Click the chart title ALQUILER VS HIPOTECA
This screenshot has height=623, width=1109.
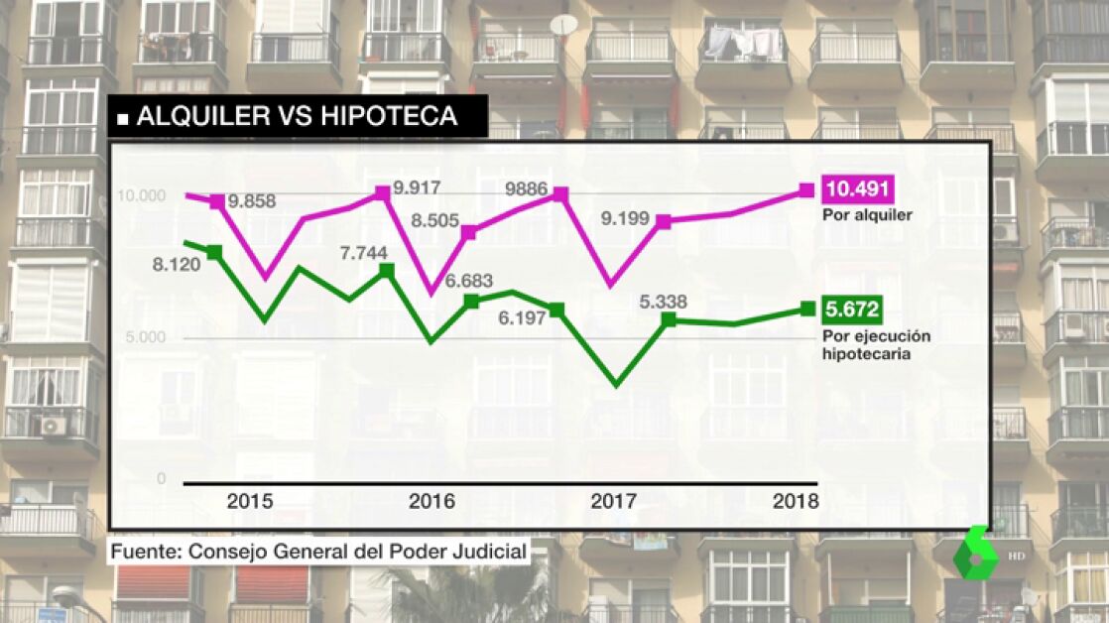tap(297, 116)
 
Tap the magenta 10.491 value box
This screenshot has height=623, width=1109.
tap(858, 188)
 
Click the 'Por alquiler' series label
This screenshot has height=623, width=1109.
tap(867, 214)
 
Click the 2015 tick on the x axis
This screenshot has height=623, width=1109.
tap(250, 501)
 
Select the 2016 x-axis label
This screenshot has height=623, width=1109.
tap(432, 501)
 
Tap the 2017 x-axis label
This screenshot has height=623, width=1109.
tap(614, 501)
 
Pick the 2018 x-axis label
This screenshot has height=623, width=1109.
tap(796, 501)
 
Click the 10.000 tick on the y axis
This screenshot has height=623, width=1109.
tap(141, 195)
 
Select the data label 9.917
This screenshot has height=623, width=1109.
tap(417, 187)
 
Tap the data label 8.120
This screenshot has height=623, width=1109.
tap(177, 265)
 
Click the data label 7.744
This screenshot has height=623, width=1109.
tap(363, 253)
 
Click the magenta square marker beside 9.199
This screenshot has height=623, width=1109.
tap(664, 222)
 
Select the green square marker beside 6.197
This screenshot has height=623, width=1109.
tap(556, 311)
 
